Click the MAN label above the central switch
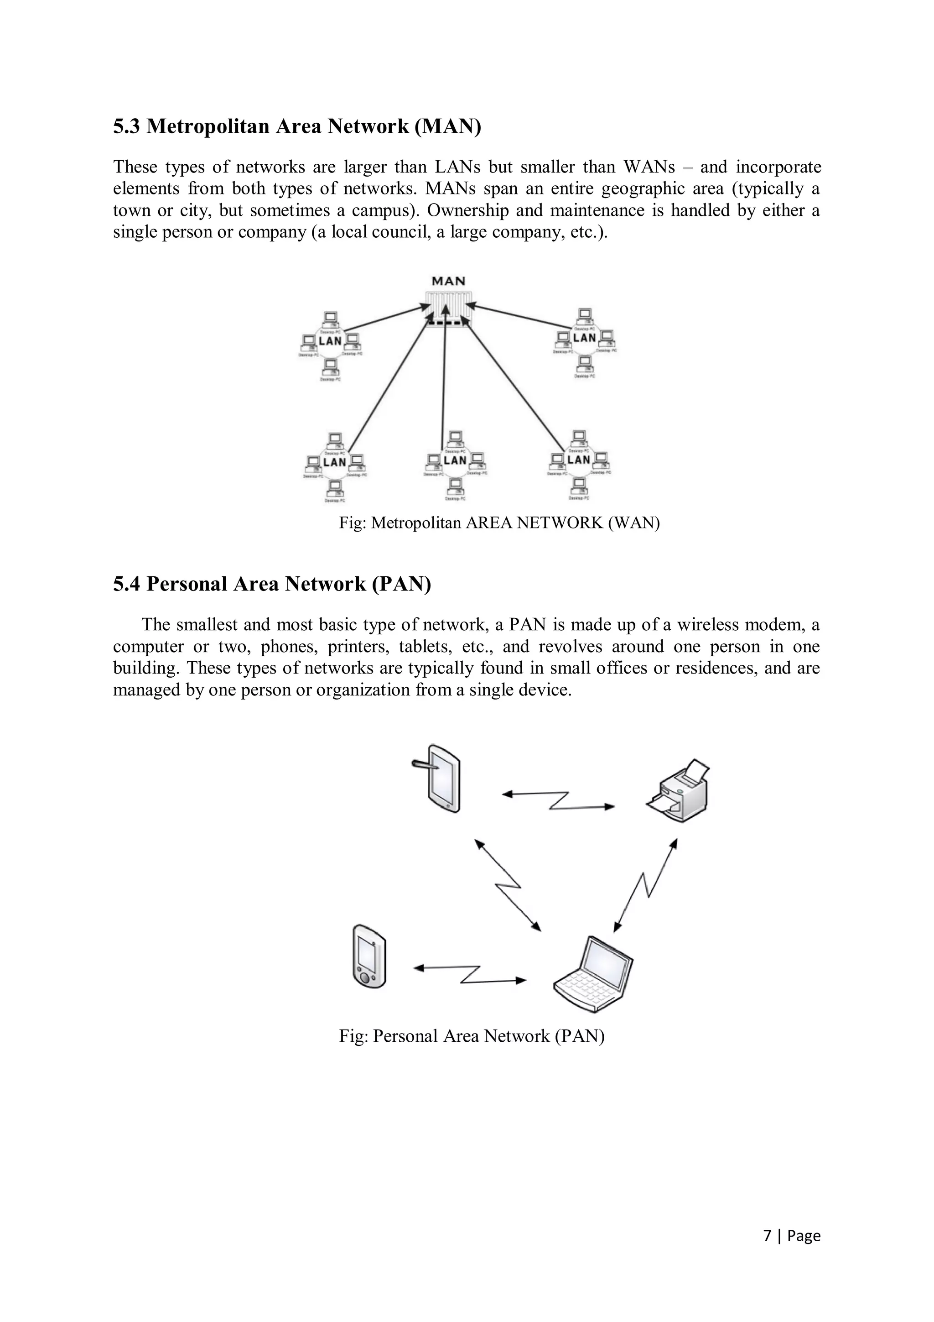[448, 281]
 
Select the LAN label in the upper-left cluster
[330, 341]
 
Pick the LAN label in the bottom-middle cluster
[455, 460]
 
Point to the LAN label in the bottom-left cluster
[334, 462]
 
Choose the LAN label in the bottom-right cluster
[578, 460]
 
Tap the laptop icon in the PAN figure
[593, 975]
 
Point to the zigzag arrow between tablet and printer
[558, 801]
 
